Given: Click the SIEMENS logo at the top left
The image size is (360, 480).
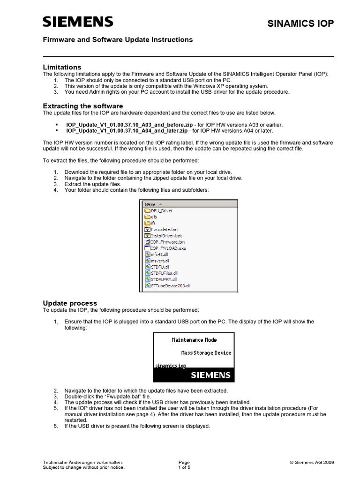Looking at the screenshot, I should pos(78,22).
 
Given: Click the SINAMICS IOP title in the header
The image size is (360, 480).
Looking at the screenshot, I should pos(300,23).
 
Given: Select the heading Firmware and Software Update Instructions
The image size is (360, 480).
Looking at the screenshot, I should pos(118,40).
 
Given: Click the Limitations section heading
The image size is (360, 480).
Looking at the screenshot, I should pos(62,67).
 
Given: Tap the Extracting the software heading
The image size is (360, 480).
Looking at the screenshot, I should pos(83,106).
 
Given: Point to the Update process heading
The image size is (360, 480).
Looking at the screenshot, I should pos(70,303).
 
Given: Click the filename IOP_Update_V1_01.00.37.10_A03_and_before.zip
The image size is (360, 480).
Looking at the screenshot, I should pos(129,125).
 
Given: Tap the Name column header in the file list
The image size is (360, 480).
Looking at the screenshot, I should pos(151,204).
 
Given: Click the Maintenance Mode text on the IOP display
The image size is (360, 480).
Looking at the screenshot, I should pos(194,340).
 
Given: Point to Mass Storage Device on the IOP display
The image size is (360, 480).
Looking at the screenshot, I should pos(206,352).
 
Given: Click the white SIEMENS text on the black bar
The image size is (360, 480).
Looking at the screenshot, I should pos(210,375).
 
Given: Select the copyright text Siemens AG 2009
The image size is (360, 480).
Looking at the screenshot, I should pos(311,462).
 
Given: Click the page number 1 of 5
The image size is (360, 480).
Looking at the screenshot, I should pos(185,467).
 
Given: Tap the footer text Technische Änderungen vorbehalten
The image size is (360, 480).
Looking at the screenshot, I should pos(83,462).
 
